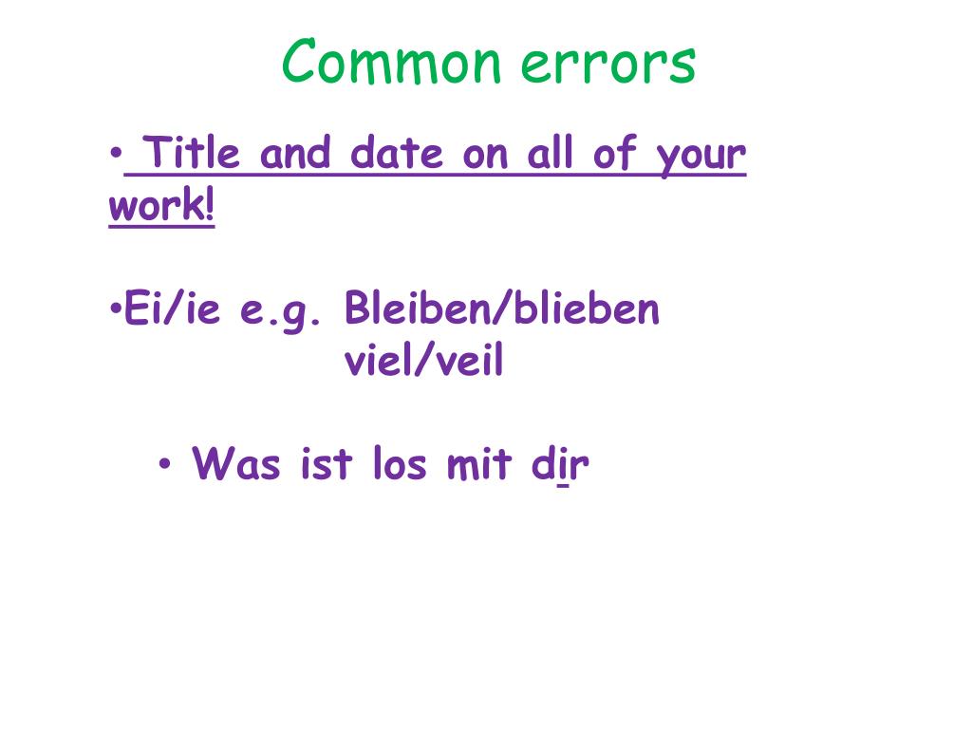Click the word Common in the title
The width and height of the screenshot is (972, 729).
point(390,62)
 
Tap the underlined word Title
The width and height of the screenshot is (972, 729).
point(191,153)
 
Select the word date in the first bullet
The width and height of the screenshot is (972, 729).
point(397,153)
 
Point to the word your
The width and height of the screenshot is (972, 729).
point(701,158)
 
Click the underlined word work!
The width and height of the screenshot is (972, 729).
point(161,205)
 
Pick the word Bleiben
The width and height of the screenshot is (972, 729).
point(418,308)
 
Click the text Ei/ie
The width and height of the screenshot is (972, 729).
point(172,308)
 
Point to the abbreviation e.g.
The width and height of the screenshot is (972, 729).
point(280,311)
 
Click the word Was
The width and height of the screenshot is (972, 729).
point(235,463)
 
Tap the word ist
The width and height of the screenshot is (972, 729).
point(327,463)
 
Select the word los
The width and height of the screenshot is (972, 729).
point(400,463)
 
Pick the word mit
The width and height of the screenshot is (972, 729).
point(479,463)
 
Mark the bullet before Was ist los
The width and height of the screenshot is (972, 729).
point(164,463)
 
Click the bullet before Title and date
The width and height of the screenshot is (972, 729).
point(116,153)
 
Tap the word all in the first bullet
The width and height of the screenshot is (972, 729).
point(550,153)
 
